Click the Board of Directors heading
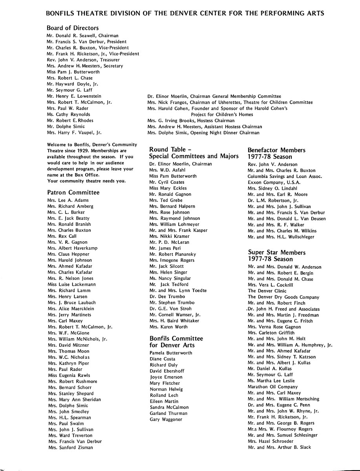pyautogui.click(x=73, y=28)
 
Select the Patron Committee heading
pyautogui.click(x=73, y=192)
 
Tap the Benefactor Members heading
pyautogui.click(x=276, y=150)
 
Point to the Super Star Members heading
pyautogui.click(x=276, y=253)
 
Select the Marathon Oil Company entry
pyautogui.click(x=272, y=387)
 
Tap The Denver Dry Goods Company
pyautogui.click(x=283, y=297)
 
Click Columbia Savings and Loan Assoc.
pyautogui.click(x=285, y=177)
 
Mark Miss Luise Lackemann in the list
pyautogui.click(x=71, y=285)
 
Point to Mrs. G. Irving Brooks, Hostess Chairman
pyautogui.click(x=190, y=120)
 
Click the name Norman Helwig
pyautogui.click(x=166, y=389)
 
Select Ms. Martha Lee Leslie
pyautogui.click(x=271, y=381)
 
